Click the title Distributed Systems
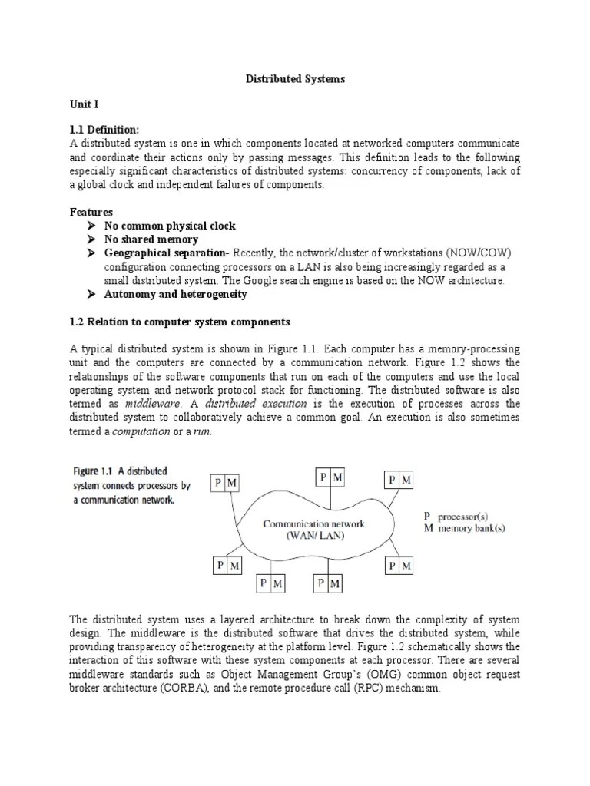point(295,79)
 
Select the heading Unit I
point(85,103)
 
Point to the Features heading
point(91,212)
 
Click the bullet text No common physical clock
point(171,226)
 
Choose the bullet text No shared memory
point(151,239)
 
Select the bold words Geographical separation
point(167,253)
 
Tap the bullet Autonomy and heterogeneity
point(176,295)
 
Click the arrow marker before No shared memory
point(91,239)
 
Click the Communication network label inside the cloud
point(314,524)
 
